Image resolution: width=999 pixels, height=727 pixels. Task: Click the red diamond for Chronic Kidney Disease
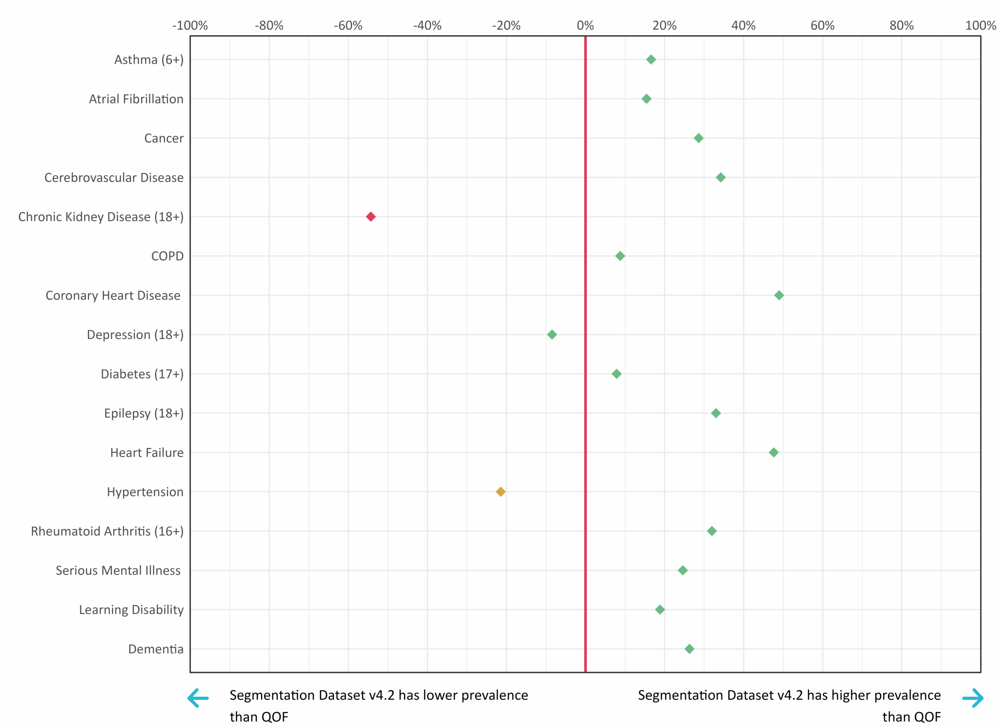370,217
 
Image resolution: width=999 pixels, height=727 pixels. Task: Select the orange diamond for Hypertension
500,492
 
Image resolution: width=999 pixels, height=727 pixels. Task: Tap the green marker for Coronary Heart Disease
779,295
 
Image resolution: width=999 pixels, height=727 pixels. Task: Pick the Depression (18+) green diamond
551,335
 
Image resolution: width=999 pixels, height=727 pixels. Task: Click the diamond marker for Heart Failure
773,453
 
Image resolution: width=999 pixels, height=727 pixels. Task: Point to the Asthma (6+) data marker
651,59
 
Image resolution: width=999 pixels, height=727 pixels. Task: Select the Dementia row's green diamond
689,649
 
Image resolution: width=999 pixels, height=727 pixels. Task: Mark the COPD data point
620,256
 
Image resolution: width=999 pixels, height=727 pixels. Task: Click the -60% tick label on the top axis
348,25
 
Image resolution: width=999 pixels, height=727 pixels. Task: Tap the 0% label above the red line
585,25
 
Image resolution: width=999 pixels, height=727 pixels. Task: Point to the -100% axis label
190,25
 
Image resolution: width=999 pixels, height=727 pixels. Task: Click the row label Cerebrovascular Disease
114,178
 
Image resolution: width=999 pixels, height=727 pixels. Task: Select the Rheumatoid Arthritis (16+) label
107,531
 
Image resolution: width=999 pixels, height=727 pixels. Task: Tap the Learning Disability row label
131,610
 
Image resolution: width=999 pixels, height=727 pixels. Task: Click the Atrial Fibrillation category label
136,99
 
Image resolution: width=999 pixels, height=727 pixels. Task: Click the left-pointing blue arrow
198,698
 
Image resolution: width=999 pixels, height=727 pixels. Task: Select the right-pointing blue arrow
972,698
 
